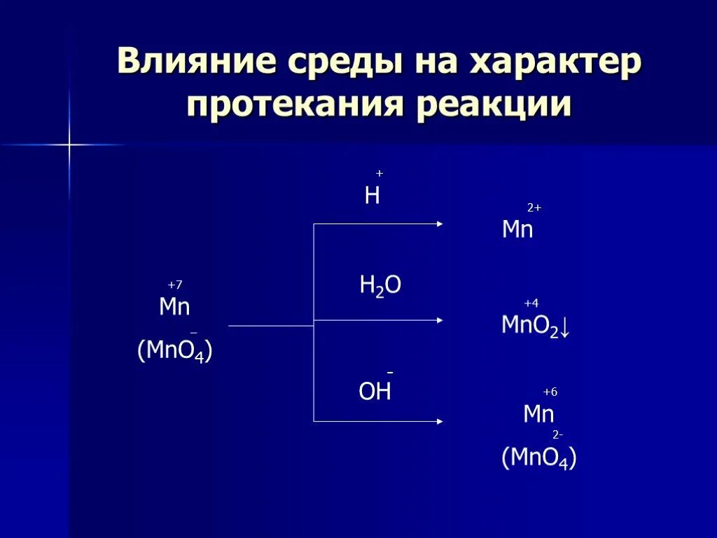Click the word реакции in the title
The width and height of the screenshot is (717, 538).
coord(494,106)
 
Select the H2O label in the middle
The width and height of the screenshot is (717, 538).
coord(380,286)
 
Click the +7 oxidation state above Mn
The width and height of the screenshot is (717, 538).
coord(174,285)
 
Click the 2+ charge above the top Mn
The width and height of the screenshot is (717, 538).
coord(534,208)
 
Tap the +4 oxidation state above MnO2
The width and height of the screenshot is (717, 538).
coord(531,303)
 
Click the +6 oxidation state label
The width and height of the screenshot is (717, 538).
coord(550,392)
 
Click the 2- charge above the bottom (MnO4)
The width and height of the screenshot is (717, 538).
coord(557,435)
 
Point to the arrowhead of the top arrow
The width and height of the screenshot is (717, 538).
coord(440,224)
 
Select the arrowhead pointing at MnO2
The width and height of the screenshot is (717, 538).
coord(440,320)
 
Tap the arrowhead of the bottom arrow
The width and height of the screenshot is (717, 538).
coord(440,421)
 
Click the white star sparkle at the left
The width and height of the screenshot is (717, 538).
coord(69,145)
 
